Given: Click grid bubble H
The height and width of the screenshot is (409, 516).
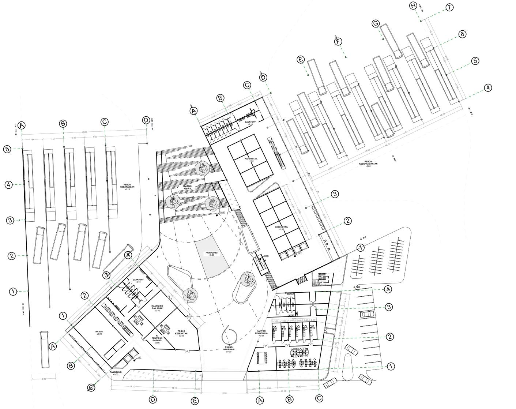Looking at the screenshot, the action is click(413, 6).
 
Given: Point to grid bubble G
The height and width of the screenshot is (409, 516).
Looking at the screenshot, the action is click(376, 24).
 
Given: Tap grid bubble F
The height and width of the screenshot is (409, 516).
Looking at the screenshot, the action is click(338, 42).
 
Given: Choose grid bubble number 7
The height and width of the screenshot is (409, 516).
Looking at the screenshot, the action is click(449, 7).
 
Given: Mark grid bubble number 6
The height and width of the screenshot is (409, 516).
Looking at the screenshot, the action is click(462, 34).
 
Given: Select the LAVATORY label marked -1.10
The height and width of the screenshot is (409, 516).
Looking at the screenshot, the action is click(253, 123).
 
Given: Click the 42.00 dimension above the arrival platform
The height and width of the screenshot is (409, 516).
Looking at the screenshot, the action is click(84, 132).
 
